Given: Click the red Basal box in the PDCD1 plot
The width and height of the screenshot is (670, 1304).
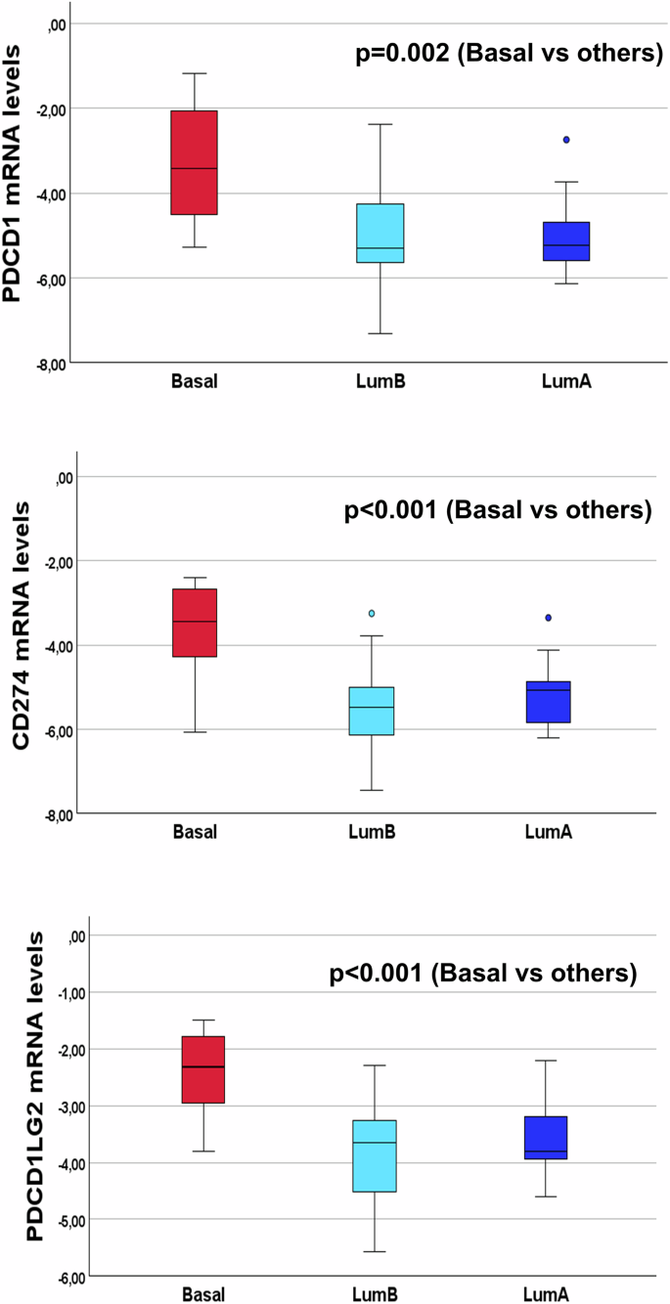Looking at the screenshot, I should pyautogui.click(x=194, y=162).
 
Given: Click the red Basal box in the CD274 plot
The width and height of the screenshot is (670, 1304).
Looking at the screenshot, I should pyautogui.click(x=194, y=623).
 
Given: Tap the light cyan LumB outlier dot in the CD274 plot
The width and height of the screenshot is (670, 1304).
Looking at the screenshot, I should pyautogui.click(x=372, y=613).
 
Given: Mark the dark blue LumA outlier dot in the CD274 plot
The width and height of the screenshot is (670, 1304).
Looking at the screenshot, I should pyautogui.click(x=549, y=618).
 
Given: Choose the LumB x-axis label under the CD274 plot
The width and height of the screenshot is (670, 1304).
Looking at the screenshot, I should pyautogui.click(x=371, y=832).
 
